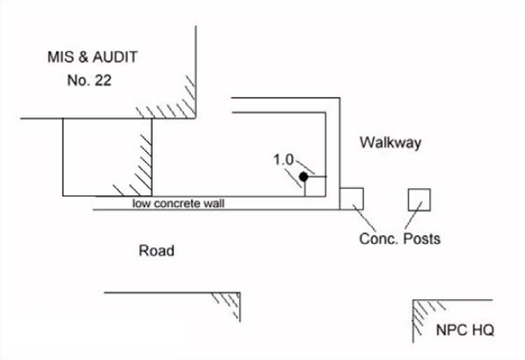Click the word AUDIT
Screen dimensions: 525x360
tap(115, 57)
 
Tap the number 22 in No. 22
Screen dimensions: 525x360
tap(103, 81)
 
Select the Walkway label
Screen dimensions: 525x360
tap(390, 143)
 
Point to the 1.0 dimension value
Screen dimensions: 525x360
tap(283, 159)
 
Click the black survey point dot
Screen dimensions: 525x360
tap(304, 177)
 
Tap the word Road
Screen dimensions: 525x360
tap(156, 251)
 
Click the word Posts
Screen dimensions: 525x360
tap(421, 239)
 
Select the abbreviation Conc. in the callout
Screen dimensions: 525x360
tap(379, 239)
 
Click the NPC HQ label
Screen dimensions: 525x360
tap(465, 330)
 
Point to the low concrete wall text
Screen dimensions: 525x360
tap(178, 204)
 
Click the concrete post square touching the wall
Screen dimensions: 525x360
tap(352, 199)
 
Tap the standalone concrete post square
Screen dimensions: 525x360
tap(419, 200)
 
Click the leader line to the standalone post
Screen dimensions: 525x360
tap(413, 215)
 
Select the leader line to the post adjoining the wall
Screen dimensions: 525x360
tap(364, 218)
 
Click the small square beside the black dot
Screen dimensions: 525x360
tap(315, 187)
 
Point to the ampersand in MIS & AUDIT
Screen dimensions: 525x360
tap(83, 57)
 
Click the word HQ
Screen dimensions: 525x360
tap(483, 330)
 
